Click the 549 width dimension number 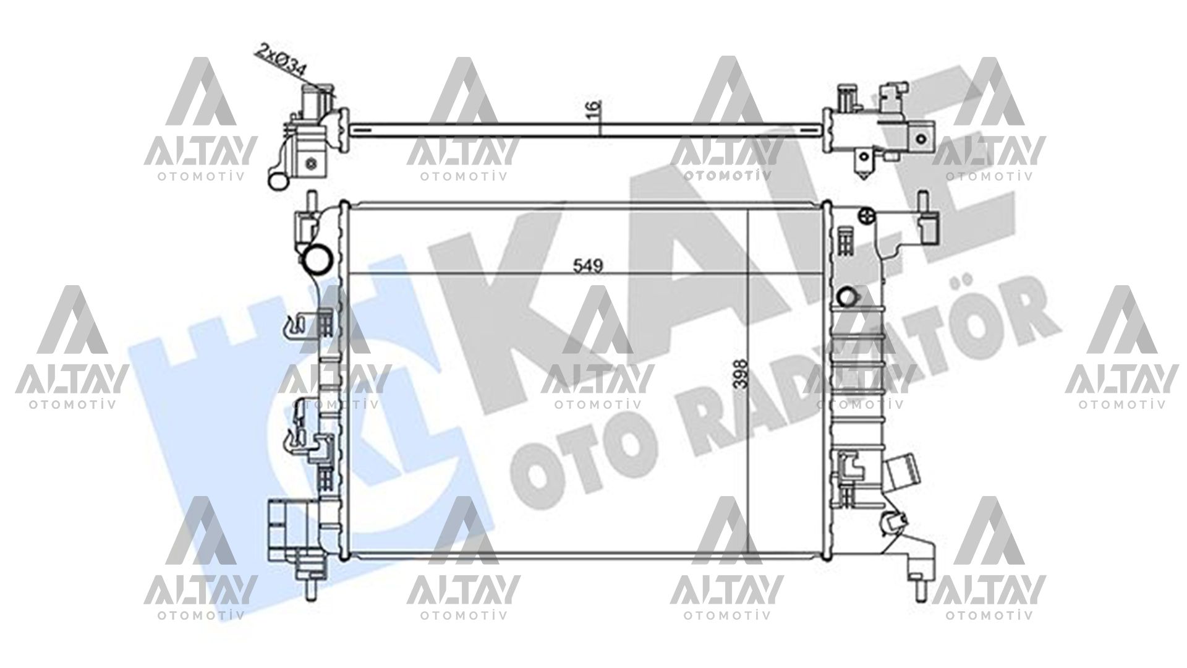pos(588,266)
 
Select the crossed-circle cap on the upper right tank pos(866,215)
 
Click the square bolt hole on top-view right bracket pos(922,139)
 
